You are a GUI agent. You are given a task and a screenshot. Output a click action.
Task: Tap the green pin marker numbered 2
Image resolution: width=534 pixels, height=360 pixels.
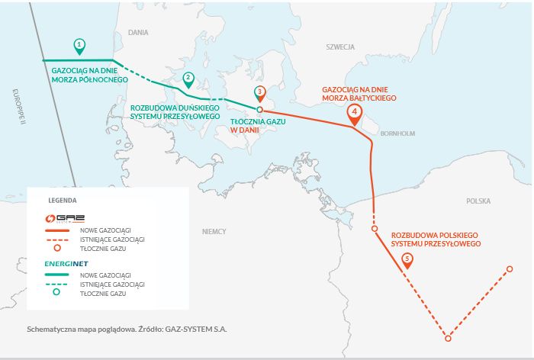tap(188, 78)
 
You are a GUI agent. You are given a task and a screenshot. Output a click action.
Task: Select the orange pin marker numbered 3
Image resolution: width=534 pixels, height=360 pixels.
tap(260, 93)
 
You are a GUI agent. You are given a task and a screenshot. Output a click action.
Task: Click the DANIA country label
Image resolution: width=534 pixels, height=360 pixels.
tap(138, 33)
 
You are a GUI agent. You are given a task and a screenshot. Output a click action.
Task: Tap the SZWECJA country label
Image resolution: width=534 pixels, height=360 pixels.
tap(340, 47)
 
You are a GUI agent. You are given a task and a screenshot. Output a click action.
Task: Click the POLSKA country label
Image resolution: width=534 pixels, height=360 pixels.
tap(478, 201)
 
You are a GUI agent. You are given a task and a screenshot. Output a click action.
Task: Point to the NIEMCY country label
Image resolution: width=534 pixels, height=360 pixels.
tap(214, 230)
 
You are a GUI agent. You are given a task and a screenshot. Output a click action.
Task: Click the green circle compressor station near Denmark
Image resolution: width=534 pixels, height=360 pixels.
tap(260, 109)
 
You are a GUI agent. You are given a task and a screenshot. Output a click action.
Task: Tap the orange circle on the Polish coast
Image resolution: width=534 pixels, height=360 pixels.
tap(374, 229)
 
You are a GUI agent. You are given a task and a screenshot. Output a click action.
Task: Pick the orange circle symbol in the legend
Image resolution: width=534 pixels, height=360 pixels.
tap(56, 249)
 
